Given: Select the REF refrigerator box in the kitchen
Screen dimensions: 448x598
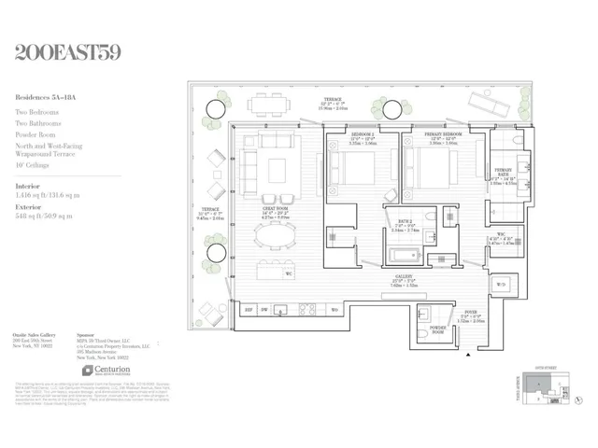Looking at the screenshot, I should pos(249,310).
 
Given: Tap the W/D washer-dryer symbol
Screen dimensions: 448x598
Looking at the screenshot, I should pos(501,285).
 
